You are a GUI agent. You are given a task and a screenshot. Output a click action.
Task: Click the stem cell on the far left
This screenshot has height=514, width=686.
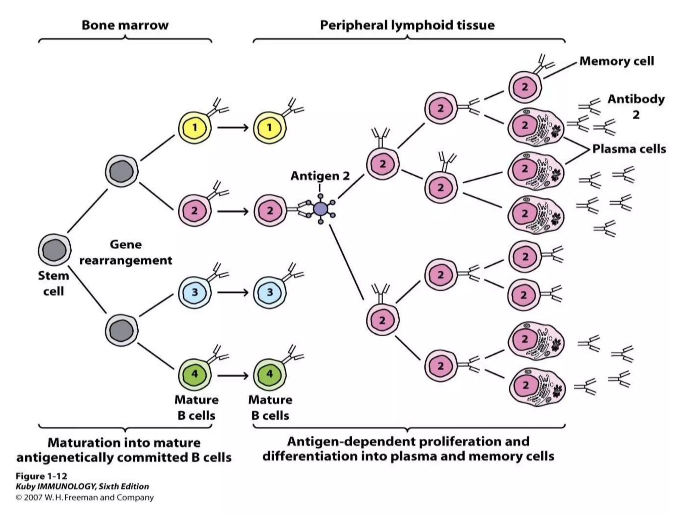[55, 250]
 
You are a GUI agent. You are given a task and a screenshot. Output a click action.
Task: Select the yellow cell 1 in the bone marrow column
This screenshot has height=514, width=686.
[195, 127]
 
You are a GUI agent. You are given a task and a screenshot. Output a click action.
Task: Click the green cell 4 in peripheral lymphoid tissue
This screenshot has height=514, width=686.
[270, 374]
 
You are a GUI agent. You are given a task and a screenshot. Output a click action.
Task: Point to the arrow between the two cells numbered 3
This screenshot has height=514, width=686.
[233, 292]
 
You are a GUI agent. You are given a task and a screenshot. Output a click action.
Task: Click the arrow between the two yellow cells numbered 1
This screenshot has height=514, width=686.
[233, 127]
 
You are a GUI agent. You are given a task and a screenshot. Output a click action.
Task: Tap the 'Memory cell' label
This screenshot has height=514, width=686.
[616, 61]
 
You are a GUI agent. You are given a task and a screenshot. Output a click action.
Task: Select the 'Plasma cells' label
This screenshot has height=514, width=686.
[629, 149]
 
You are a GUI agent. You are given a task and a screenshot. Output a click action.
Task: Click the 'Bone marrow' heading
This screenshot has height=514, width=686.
[125, 25]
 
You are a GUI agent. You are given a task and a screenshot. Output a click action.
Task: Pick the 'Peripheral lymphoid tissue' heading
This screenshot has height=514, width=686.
[407, 25]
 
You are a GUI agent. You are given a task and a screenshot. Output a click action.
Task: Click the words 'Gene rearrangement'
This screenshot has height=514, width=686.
[126, 252]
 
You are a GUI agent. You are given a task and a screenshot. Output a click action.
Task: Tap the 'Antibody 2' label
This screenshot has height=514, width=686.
[636, 106]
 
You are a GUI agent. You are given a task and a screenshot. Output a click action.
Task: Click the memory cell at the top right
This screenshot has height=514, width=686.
[525, 87]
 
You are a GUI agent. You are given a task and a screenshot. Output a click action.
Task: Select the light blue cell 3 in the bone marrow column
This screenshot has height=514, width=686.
[195, 292]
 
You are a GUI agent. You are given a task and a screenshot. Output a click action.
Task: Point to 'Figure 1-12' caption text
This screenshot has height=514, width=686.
[41, 476]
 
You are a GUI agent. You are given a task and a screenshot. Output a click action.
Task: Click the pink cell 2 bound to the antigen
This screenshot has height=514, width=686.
[270, 211]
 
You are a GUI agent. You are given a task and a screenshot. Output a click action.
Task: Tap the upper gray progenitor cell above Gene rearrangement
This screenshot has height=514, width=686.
[122, 171]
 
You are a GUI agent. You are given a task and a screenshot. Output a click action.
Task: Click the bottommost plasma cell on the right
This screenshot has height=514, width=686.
[536, 386]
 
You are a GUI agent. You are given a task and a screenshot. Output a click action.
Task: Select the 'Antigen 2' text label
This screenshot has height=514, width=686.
[320, 176]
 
